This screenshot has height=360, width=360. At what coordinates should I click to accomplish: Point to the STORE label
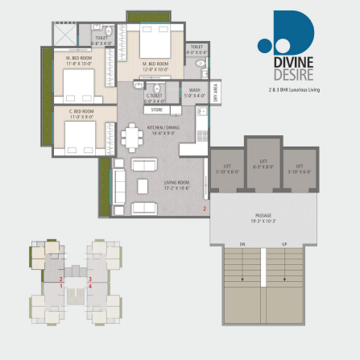pos(156,110)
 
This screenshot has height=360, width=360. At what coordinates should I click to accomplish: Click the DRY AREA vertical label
pos(215,93)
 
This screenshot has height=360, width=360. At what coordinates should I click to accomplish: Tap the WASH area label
pos(194,93)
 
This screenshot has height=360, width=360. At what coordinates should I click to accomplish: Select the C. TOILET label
pos(155,98)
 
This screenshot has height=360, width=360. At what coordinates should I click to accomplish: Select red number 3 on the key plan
pos(90,279)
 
